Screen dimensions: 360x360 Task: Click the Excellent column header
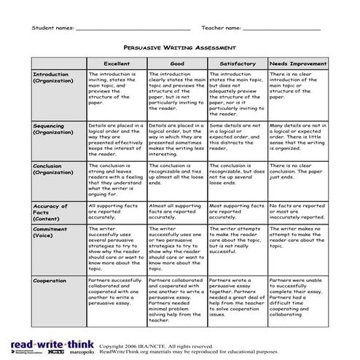[117, 64]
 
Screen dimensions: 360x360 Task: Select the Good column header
[177, 64]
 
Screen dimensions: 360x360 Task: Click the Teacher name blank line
[281, 28]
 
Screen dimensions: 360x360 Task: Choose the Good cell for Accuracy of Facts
[177, 212]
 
